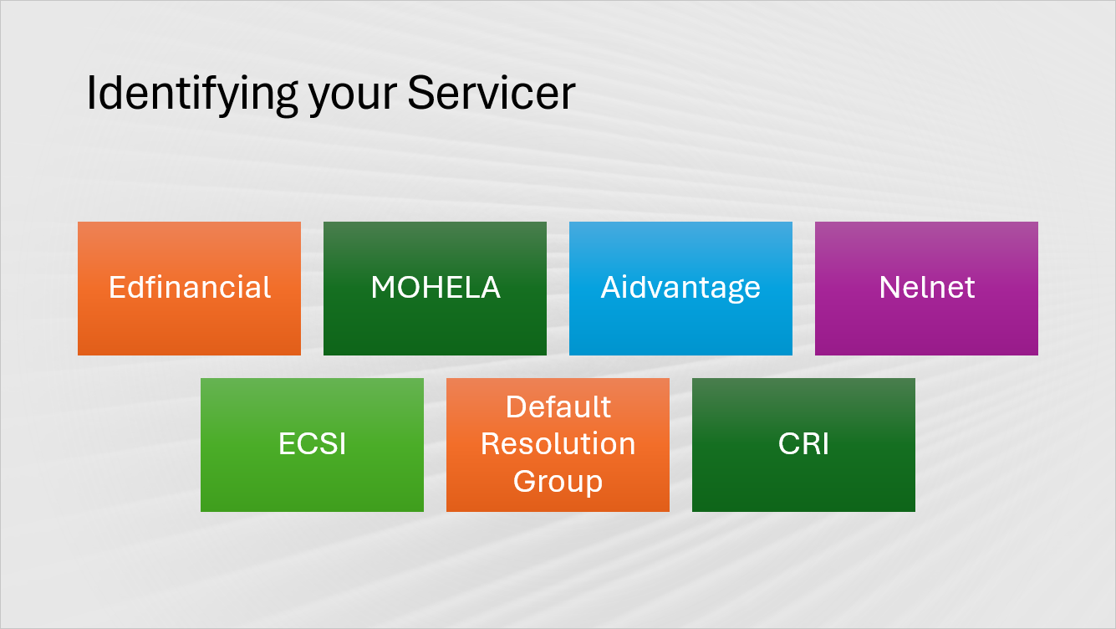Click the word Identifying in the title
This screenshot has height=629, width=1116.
pyautogui.click(x=191, y=94)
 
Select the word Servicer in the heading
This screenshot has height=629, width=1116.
pyautogui.click(x=492, y=93)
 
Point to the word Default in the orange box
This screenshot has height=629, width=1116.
pyautogui.click(x=558, y=407)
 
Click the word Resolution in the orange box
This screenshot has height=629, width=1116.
pyautogui.click(x=558, y=443)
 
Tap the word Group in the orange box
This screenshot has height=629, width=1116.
pyautogui.click(x=558, y=481)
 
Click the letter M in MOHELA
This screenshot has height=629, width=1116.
pyautogui.click(x=383, y=288)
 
